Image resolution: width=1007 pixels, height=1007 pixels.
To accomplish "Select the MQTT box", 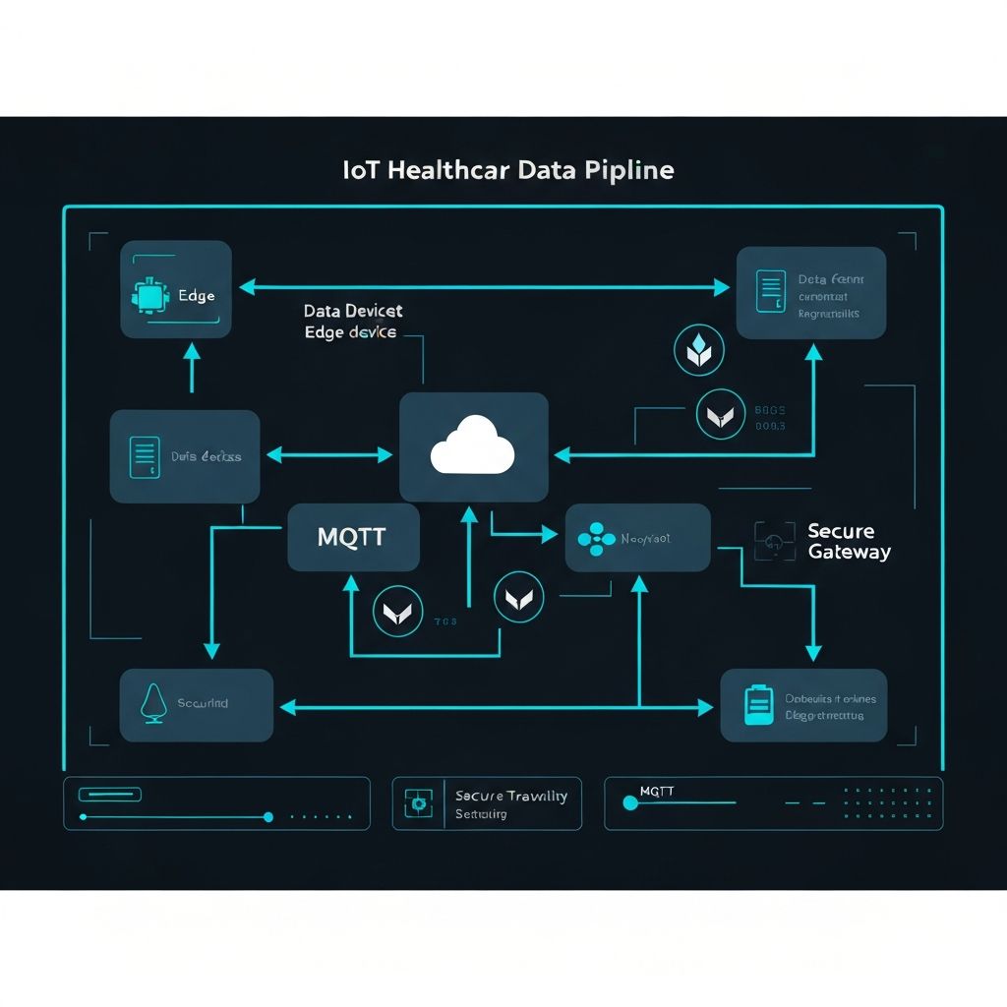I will coord(353,538).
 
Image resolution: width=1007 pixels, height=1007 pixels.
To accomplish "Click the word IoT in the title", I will coord(362,170).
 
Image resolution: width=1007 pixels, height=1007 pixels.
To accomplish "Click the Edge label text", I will coord(197,296).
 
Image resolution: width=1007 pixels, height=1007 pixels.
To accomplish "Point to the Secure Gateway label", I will coord(849,541).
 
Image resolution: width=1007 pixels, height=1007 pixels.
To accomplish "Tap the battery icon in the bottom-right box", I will coord(758,705).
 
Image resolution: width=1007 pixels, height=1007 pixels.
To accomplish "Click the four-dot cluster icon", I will coord(596,539).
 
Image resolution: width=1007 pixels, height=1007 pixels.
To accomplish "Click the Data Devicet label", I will coord(353,311).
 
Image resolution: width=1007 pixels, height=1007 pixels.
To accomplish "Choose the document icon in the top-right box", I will coord(771,291).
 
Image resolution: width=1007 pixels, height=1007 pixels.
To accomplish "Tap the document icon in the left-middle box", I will coord(145,457).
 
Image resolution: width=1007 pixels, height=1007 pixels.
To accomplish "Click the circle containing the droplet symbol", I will coord(699,351).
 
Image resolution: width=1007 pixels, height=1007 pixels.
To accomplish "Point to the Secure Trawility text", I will coord(510,796).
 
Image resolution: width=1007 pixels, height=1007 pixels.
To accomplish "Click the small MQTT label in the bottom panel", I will coord(657,791).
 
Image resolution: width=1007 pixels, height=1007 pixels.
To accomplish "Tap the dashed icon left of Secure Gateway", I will coord(774,541).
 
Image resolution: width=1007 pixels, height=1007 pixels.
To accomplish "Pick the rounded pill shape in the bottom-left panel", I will coord(110,794).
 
